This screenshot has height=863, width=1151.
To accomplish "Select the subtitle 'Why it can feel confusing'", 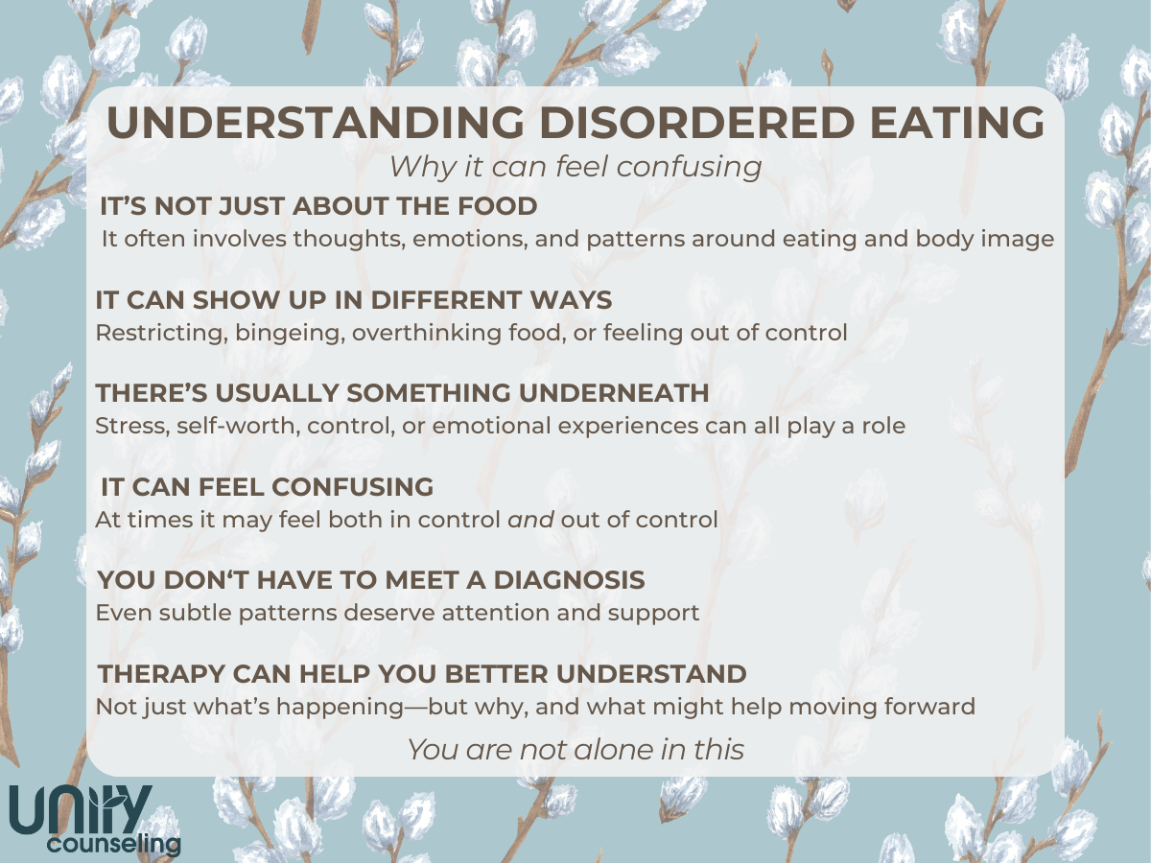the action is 575,167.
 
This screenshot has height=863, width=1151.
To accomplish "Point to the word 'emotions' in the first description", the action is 470,239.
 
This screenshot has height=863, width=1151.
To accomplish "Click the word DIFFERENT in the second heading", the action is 446,300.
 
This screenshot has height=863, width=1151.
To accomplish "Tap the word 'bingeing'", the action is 290,334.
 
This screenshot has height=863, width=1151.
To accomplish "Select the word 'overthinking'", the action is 426,334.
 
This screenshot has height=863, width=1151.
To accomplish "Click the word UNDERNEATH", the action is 614,393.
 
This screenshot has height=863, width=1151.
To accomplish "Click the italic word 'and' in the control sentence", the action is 530,520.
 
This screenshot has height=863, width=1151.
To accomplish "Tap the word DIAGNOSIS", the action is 569,580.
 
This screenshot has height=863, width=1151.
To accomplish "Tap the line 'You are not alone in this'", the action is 575,749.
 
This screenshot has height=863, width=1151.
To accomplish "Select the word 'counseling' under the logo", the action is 114,845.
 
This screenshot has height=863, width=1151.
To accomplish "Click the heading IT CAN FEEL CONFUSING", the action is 267,487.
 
